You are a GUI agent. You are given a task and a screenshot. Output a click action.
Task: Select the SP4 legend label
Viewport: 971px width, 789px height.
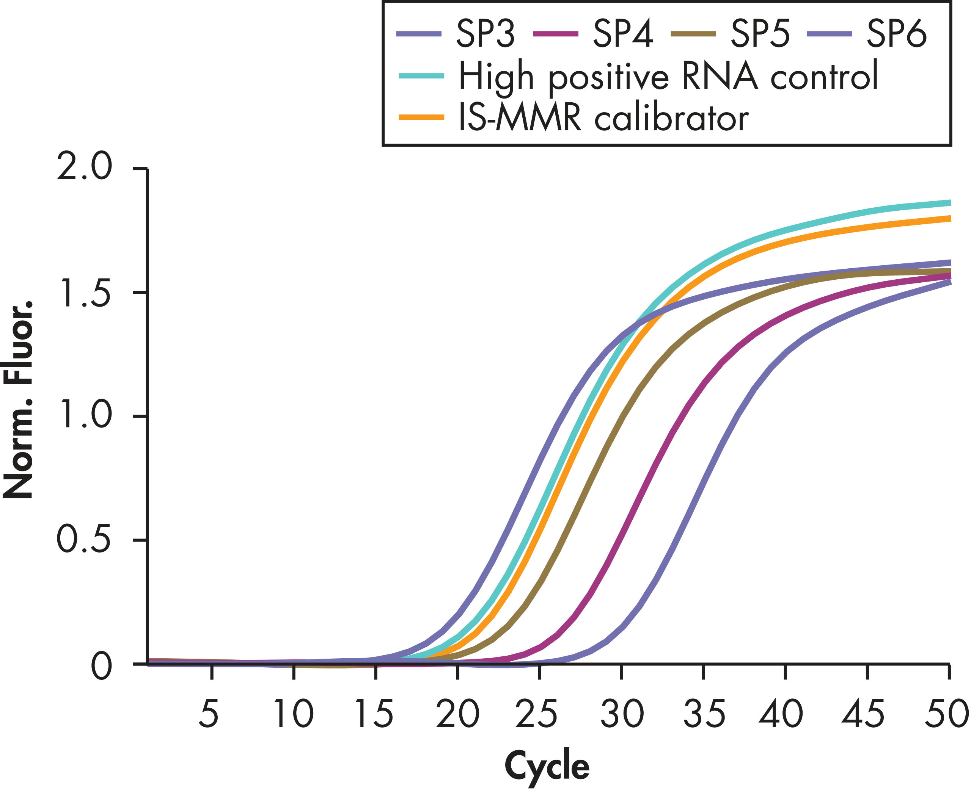[623, 34]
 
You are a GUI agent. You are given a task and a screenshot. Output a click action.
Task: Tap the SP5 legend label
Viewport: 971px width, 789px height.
[760, 34]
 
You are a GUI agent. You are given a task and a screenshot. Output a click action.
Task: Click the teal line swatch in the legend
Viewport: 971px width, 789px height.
[421, 76]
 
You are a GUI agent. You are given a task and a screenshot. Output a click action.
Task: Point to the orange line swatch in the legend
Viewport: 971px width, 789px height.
[421, 117]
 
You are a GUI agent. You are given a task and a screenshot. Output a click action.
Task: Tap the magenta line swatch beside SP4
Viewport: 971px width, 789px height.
[556, 34]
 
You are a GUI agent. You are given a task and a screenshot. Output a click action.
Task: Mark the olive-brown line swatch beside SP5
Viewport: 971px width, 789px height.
[693, 34]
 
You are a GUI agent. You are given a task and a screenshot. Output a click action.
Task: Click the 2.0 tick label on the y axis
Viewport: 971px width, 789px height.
[84, 167]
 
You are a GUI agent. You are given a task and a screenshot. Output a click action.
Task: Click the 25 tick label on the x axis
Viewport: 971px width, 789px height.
[537, 714]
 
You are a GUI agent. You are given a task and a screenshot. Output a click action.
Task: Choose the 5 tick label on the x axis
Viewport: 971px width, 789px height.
[209, 714]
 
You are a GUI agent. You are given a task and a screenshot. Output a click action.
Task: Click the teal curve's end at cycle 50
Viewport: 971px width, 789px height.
[949, 203]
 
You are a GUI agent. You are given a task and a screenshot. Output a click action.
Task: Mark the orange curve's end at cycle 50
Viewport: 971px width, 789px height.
[949, 219]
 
